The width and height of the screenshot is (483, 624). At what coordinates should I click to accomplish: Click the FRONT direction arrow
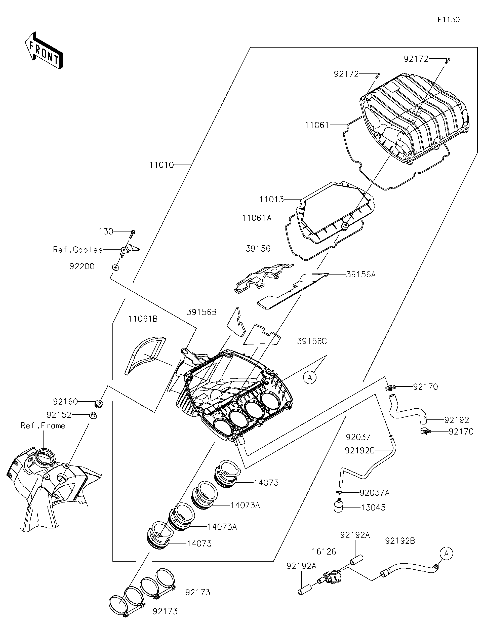[x=44, y=51]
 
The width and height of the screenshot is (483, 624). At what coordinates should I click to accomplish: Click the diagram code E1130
[x=449, y=20]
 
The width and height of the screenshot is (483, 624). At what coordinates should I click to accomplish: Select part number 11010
[x=162, y=165]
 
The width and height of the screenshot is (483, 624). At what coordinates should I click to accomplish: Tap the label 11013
[x=271, y=199]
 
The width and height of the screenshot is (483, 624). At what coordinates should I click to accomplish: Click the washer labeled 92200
[x=116, y=267]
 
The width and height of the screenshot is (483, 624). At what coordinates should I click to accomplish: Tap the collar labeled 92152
[x=93, y=415]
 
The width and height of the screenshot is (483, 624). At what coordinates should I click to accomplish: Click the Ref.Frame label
[x=43, y=426]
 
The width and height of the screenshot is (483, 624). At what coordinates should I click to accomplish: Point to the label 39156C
[x=312, y=341]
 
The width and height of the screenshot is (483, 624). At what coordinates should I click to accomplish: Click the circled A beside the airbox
[x=310, y=378]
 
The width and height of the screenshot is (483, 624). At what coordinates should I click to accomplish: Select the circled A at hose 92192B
[x=446, y=554]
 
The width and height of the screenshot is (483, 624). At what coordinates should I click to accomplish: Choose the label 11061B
[x=143, y=319]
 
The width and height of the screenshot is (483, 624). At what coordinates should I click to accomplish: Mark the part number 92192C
[x=359, y=451]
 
